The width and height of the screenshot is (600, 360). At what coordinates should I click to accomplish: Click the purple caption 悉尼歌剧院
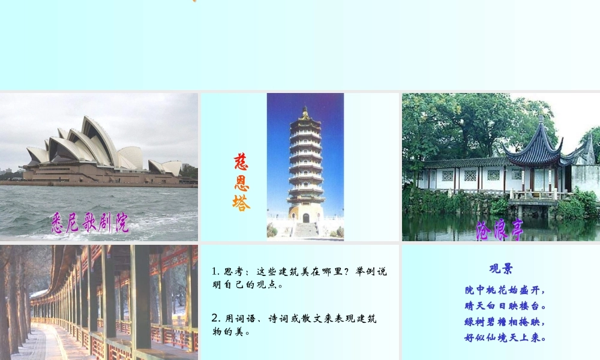tap(89, 223)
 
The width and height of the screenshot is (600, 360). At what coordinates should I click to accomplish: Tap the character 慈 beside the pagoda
tap(241, 163)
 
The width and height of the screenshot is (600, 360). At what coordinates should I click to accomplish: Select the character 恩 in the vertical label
tap(241, 182)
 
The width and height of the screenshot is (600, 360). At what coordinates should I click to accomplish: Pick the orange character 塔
tap(241, 203)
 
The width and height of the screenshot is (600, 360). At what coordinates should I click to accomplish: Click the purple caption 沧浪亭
tap(500, 229)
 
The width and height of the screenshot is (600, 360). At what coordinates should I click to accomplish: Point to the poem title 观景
tap(501, 269)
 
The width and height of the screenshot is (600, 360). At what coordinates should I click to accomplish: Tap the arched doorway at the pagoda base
tap(306, 218)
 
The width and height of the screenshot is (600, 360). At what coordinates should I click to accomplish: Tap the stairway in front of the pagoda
tap(305, 230)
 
